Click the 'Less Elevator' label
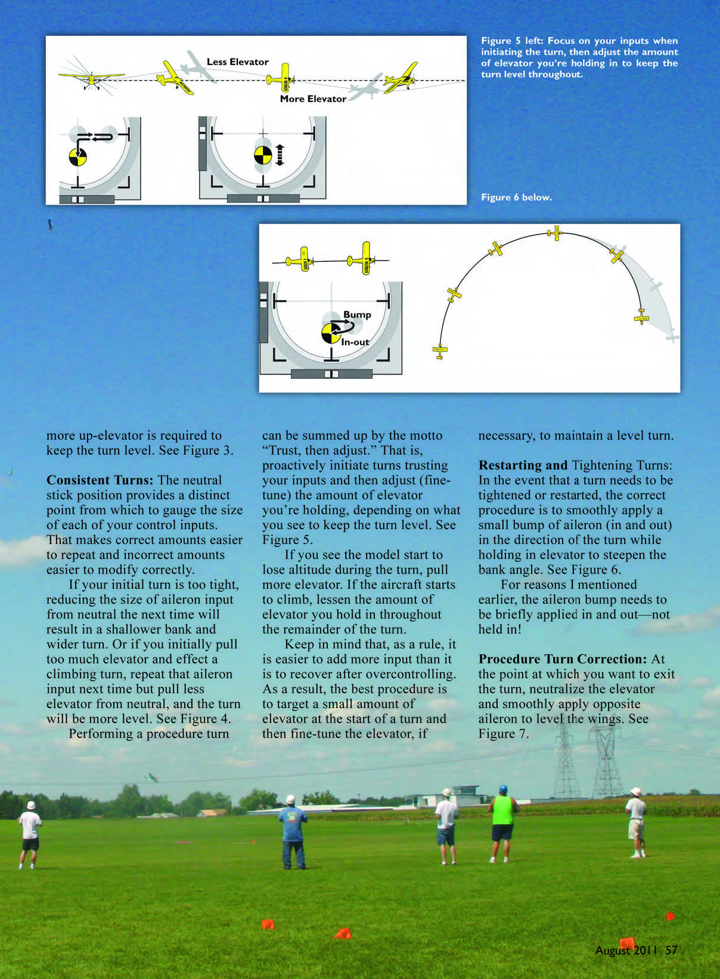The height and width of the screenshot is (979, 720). pos(237,62)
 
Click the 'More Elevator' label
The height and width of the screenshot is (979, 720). pos(313,99)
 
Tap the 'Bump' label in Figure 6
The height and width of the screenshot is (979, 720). pos(357,314)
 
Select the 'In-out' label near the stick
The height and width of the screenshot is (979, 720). pos(355,342)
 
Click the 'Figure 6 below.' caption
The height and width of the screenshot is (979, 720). pos(516,197)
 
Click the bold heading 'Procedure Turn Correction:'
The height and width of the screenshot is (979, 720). pos(562,659)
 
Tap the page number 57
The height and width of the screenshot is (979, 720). pos(672,950)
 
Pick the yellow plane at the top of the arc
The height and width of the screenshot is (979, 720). pos(555,233)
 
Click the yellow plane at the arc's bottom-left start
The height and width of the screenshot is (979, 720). pos(440,352)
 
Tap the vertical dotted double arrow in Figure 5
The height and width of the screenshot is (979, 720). pos(280,155)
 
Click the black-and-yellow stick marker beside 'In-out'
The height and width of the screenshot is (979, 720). pos(331,333)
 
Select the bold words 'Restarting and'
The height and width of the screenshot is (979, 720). pos(523,465)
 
